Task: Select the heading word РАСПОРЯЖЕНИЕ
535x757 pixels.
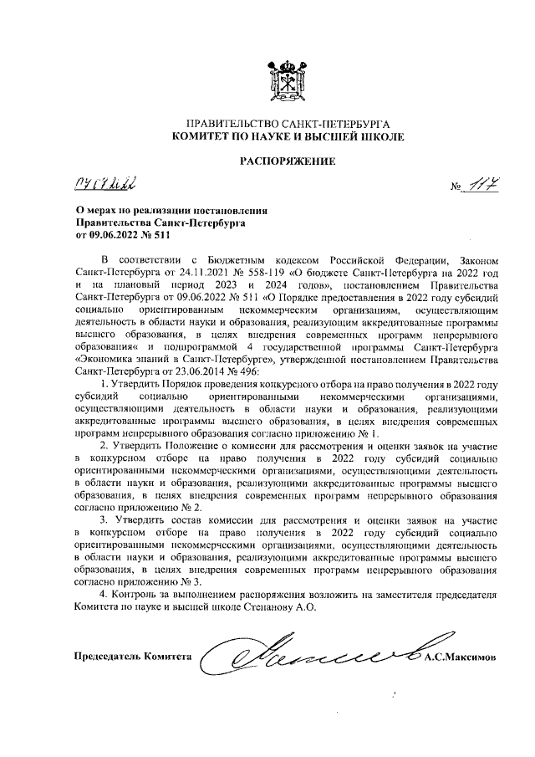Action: tap(288, 160)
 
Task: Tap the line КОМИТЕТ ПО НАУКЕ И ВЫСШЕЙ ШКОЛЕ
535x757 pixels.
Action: tap(288, 136)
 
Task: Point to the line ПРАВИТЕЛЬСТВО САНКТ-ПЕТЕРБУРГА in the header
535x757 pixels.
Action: tap(288, 123)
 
